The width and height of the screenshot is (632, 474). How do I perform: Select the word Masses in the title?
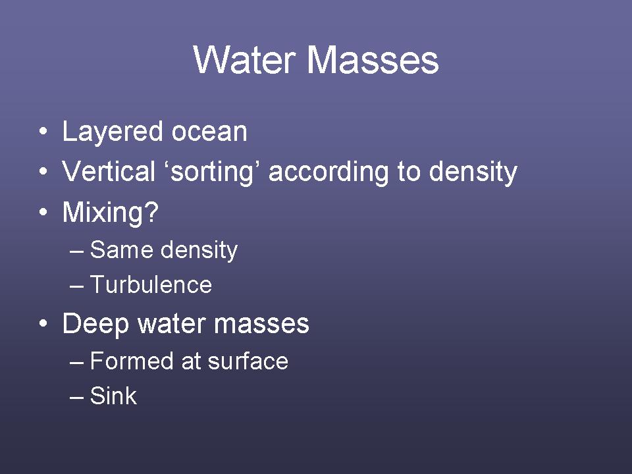coord(373,60)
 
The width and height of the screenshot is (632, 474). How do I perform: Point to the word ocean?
coord(209,132)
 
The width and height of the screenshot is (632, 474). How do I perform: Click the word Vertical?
coord(109,171)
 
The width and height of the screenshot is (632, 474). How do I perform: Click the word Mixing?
coord(111,213)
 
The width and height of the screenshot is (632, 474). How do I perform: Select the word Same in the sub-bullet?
coord(121,250)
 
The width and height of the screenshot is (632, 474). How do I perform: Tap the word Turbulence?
coord(151,284)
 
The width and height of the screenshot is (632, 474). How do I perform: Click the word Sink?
coord(113,396)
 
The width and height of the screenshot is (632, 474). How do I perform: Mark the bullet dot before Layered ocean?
coord(43,132)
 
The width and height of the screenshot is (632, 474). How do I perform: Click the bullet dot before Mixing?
coord(43,211)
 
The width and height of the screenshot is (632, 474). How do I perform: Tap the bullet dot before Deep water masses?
coord(43,323)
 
